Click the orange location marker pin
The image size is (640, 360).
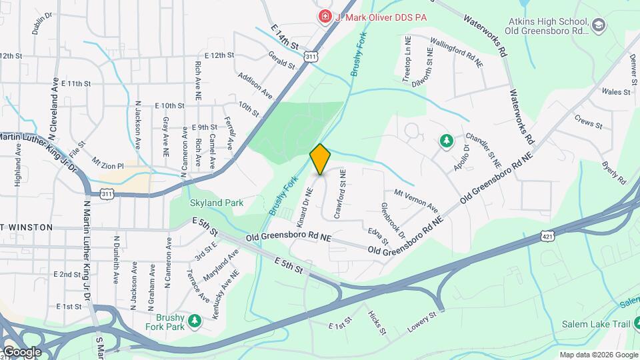click(320, 159)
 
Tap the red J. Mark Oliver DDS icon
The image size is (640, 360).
click(325, 15)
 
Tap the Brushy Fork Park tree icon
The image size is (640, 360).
click(195, 321)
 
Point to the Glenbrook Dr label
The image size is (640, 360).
click(393, 221)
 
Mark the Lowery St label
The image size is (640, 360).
click(422, 323)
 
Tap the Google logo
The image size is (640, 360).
click(21, 351)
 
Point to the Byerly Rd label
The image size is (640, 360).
click(613, 172)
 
